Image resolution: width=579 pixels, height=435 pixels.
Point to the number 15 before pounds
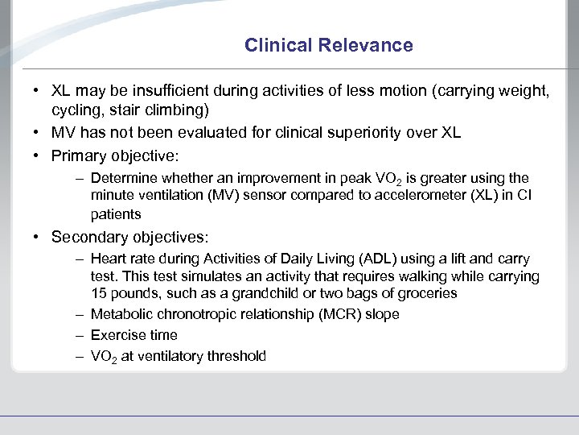(98, 293)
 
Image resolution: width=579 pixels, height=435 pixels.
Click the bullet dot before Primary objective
(39, 155)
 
